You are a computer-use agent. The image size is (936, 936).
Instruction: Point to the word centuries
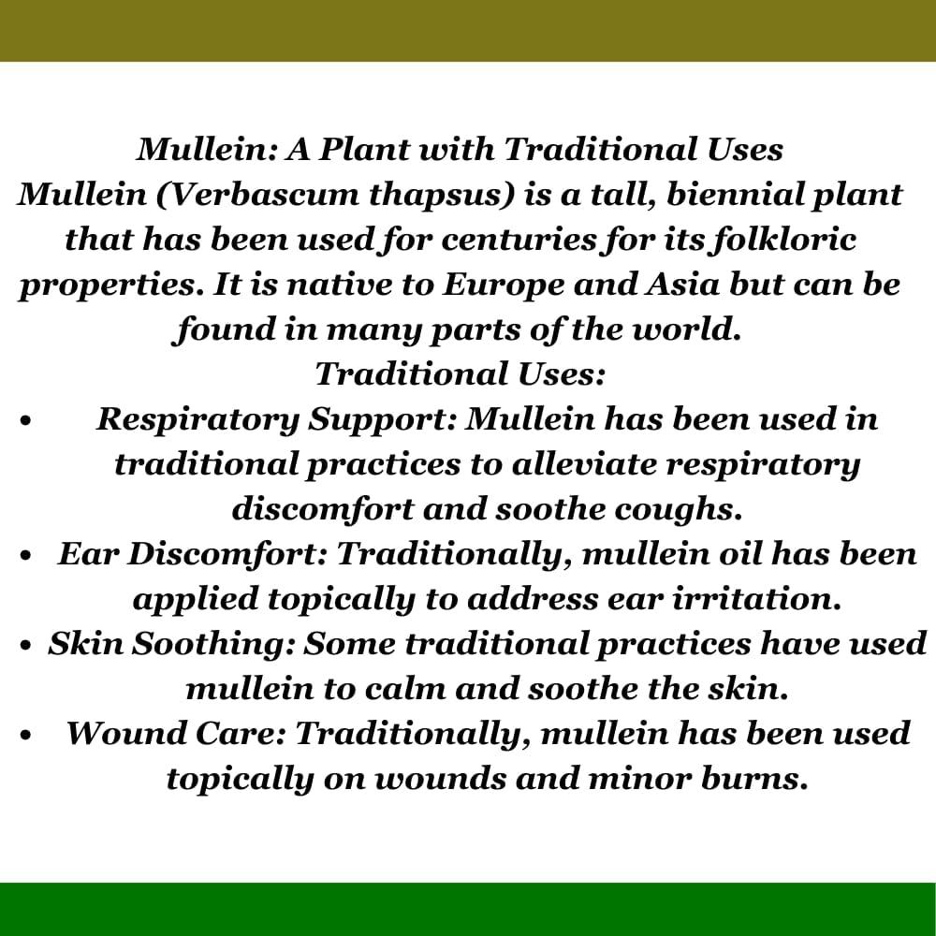point(519,240)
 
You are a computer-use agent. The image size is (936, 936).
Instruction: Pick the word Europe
point(504,285)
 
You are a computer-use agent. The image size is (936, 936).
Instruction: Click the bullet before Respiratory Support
point(24,421)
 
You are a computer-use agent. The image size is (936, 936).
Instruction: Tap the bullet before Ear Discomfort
point(24,556)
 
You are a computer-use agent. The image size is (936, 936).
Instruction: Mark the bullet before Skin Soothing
point(24,646)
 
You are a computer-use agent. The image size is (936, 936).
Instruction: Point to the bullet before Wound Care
point(24,736)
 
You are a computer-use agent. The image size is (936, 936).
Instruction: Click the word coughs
point(678,510)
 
